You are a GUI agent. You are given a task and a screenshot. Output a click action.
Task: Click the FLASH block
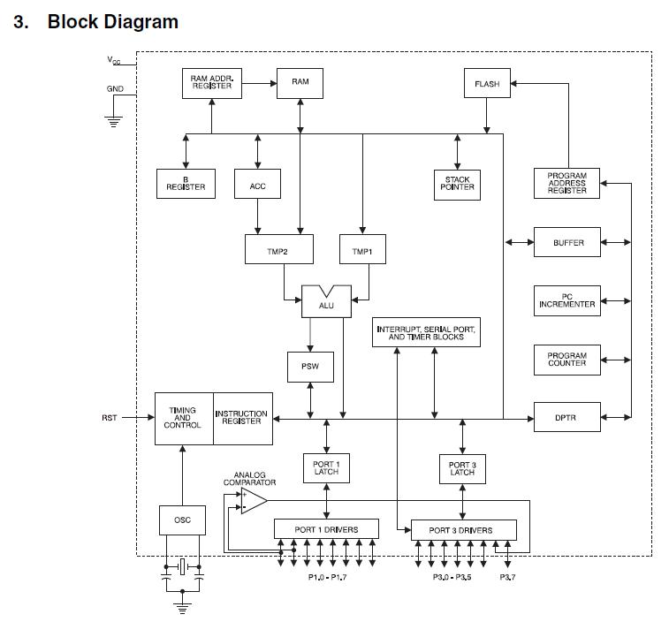pos(487,84)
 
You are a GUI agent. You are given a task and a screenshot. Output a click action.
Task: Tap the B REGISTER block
pos(186,183)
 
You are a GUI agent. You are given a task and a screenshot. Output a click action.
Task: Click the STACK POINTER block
pos(457,184)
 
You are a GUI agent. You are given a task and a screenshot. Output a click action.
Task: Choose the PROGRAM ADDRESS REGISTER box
pos(566,183)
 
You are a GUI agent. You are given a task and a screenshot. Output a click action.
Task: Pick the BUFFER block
pos(567,242)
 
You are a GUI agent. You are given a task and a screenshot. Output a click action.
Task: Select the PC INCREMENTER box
pos(567,300)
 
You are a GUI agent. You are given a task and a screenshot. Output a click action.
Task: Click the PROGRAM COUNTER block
pos(567,359)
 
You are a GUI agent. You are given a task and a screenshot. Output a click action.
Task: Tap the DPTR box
pos(567,416)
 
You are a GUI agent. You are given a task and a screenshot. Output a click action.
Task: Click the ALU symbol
pos(326,300)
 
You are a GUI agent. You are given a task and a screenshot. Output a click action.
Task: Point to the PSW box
pos(310,367)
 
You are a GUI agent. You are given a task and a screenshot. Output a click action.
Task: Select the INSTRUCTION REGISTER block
pos(241,417)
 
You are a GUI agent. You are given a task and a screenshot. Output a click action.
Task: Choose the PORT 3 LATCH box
pos(462,468)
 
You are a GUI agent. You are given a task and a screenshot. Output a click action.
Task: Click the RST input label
pos(109,417)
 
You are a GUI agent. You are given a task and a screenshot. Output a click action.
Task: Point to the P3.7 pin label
pos(508,577)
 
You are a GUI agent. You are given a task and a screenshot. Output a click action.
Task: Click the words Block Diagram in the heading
pos(112,22)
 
